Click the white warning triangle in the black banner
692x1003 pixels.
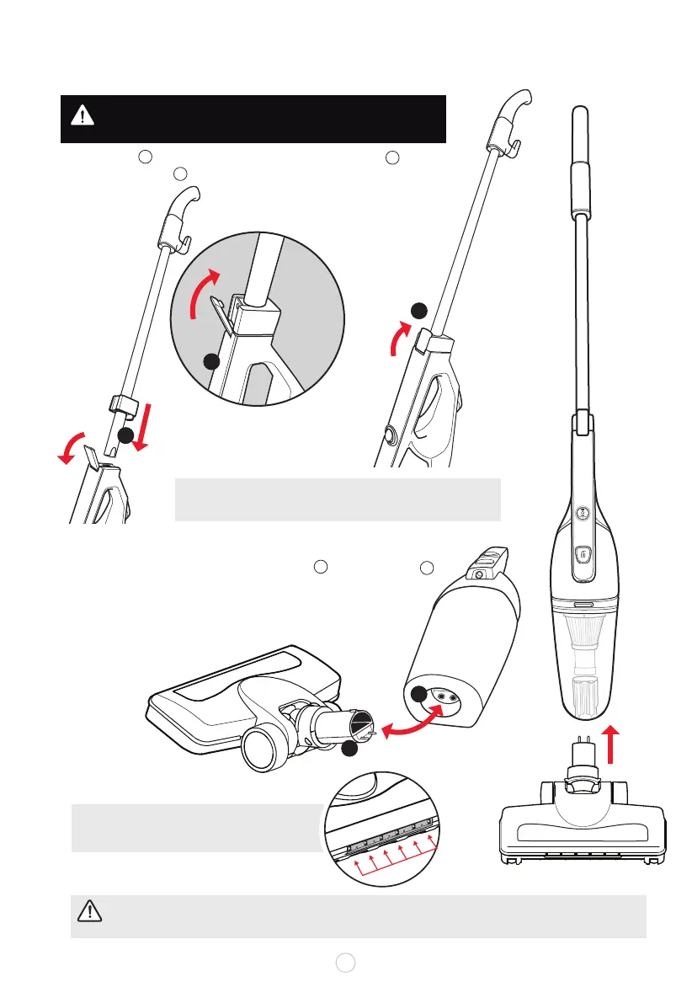(x=83, y=115)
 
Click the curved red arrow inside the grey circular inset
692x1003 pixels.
(x=204, y=295)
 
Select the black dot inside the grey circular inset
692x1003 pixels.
(x=211, y=361)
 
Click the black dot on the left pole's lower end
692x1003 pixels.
(x=125, y=435)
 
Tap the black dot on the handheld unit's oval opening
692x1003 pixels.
(x=420, y=694)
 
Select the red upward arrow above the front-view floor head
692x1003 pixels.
(x=612, y=741)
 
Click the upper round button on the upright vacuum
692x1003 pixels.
(x=582, y=512)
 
